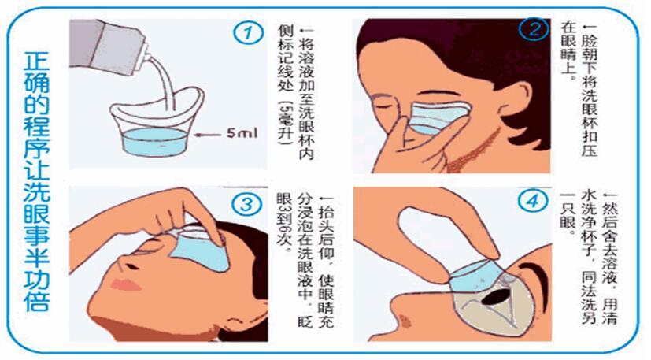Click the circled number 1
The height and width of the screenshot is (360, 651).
(x=248, y=33)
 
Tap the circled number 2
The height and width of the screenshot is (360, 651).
(x=534, y=29)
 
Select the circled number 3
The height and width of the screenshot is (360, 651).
(x=247, y=205)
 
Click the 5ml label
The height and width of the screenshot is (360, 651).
(x=242, y=133)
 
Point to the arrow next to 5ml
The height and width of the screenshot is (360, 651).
(x=209, y=135)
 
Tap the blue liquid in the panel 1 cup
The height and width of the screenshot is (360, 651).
(x=154, y=141)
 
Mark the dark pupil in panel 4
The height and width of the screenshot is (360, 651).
(x=496, y=297)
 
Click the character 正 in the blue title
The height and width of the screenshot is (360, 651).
(x=36, y=61)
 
